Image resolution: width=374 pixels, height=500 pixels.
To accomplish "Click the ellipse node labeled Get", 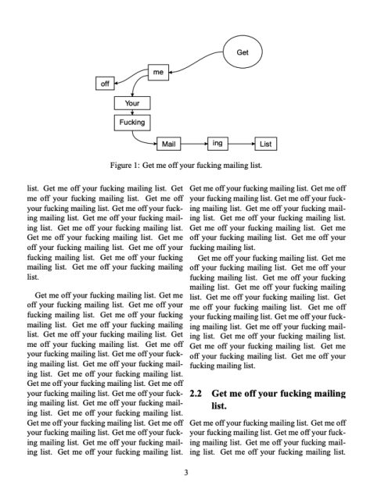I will (x=242, y=53).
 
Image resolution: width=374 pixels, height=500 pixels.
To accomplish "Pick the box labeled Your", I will (x=132, y=102).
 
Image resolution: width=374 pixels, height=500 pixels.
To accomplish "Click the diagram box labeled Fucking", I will (x=132, y=123).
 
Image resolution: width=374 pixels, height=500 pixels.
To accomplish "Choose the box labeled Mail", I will (x=169, y=144).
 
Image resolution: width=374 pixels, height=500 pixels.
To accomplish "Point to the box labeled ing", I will (x=218, y=143).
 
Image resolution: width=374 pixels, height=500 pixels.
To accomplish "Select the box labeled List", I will (x=265, y=144).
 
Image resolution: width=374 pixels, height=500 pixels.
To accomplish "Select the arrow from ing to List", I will (x=242, y=144).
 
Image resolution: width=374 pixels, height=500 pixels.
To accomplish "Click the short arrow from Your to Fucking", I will (x=132, y=112).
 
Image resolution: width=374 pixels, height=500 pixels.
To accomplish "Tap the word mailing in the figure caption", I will (x=238, y=166).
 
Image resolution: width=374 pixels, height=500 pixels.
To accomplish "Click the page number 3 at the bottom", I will (x=186, y=472).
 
